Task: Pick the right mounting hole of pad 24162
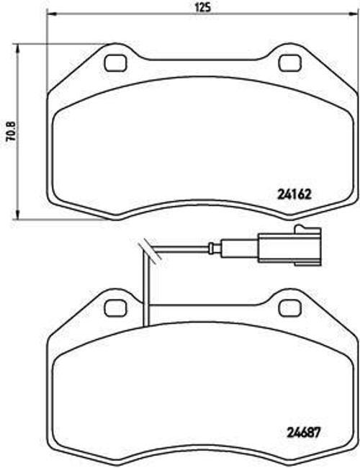tap(290, 63)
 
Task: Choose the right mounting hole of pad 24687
tap(290, 307)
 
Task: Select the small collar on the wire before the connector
tap(210, 250)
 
